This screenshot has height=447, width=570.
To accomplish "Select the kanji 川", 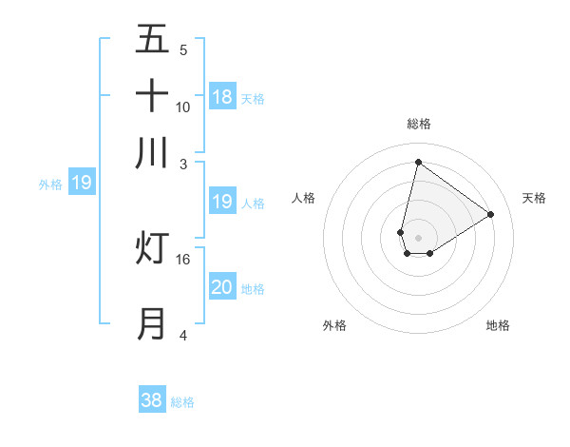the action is tap(152, 153).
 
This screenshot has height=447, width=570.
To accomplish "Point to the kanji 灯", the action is tap(152, 247).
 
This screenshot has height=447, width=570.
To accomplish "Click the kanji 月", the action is tap(152, 323).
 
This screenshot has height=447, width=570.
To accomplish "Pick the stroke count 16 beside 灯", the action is tap(183, 259).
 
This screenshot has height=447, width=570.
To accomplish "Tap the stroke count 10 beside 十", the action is tap(183, 107).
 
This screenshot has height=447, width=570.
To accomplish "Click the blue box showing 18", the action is tap(222, 96).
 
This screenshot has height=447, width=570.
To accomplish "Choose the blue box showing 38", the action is tap(152, 400).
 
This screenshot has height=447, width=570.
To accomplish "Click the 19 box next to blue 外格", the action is tap(82, 183).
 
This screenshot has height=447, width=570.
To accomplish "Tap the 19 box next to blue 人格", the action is tap(222, 202).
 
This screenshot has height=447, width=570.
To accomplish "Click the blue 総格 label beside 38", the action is tap(182, 402).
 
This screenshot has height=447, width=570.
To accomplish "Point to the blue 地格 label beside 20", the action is tap(253, 288).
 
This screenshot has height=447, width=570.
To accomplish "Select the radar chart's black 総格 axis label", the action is tap(418, 124).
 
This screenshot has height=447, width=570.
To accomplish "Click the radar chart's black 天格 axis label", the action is tap(534, 198).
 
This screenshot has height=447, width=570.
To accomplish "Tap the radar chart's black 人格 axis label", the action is tap(304, 198).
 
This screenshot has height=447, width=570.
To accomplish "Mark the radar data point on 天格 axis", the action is tap(490, 214).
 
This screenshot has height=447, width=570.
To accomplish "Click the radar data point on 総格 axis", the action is tap(418, 163).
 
